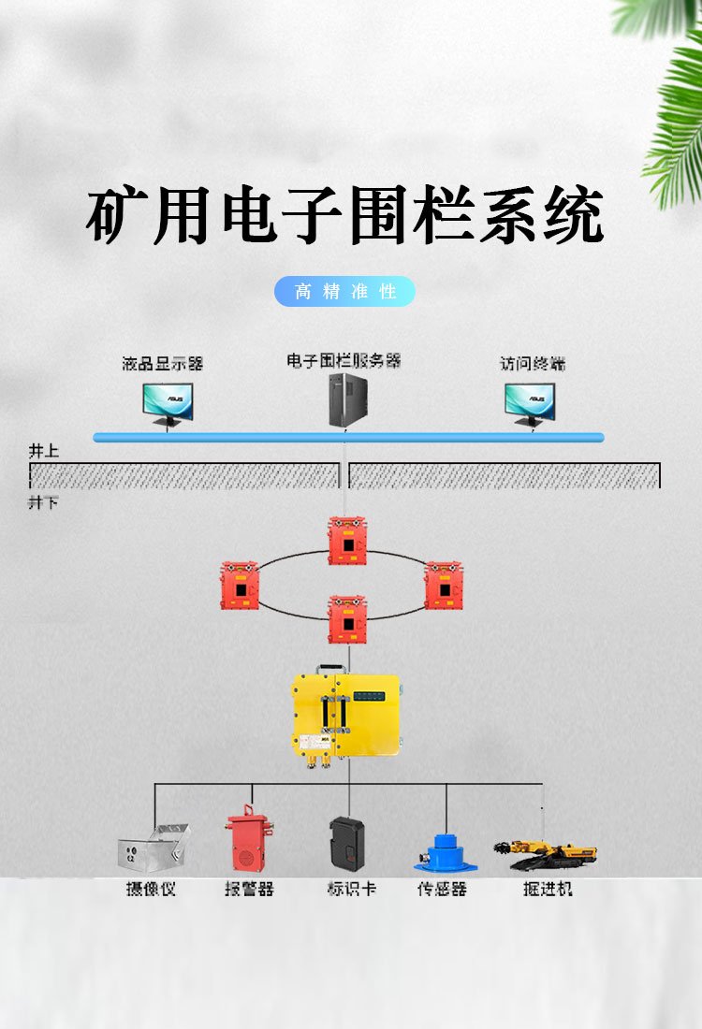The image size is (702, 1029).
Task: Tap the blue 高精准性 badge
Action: coord(344,291)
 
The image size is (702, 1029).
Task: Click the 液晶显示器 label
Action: coord(163,364)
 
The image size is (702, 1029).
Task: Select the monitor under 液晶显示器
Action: coord(168,403)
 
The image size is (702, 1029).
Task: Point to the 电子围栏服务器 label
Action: coord(344,360)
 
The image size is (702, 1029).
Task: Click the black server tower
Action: coord(344,400)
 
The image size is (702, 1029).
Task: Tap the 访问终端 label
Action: coord(532,364)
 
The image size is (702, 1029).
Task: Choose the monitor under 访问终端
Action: coord(530,403)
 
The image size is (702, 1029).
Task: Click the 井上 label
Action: coord(43,451)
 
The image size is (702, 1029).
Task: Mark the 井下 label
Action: coord(43,503)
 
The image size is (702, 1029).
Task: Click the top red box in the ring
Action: coord(347,541)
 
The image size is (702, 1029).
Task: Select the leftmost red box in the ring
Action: coord(240,586)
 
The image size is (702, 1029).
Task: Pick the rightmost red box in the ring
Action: coord(443,586)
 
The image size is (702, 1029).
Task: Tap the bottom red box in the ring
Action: coord(347,618)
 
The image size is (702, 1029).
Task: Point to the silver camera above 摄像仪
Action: coord(152,849)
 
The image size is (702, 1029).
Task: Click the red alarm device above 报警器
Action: coord(249,843)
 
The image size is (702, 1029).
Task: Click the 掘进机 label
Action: coord(547,889)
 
